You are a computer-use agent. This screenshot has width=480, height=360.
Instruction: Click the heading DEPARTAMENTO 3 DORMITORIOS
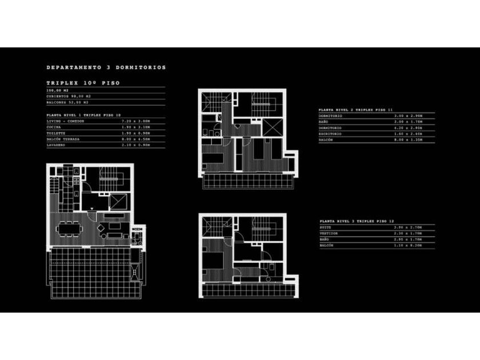click(106, 67)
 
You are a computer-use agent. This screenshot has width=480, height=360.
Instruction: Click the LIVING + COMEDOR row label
click(65, 121)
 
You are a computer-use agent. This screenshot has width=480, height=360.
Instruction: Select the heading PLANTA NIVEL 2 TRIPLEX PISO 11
click(355, 109)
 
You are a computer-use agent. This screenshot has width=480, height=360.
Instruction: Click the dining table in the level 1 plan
click(69, 229)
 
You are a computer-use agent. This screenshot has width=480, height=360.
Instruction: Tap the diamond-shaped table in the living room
click(102, 228)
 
